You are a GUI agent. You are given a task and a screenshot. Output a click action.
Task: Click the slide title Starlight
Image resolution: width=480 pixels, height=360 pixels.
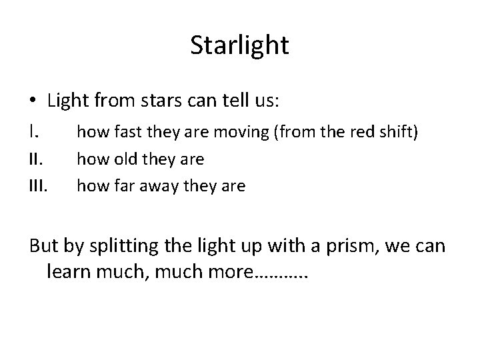(x=239, y=45)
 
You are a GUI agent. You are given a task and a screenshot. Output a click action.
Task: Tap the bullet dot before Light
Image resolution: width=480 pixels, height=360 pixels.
(x=33, y=102)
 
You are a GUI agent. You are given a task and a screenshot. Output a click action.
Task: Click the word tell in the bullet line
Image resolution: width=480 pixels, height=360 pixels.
(x=232, y=101)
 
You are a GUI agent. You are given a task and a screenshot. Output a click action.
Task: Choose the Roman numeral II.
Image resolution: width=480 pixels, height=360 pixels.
(x=36, y=159)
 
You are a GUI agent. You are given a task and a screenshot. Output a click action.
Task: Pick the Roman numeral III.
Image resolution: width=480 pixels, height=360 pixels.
(x=39, y=185)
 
